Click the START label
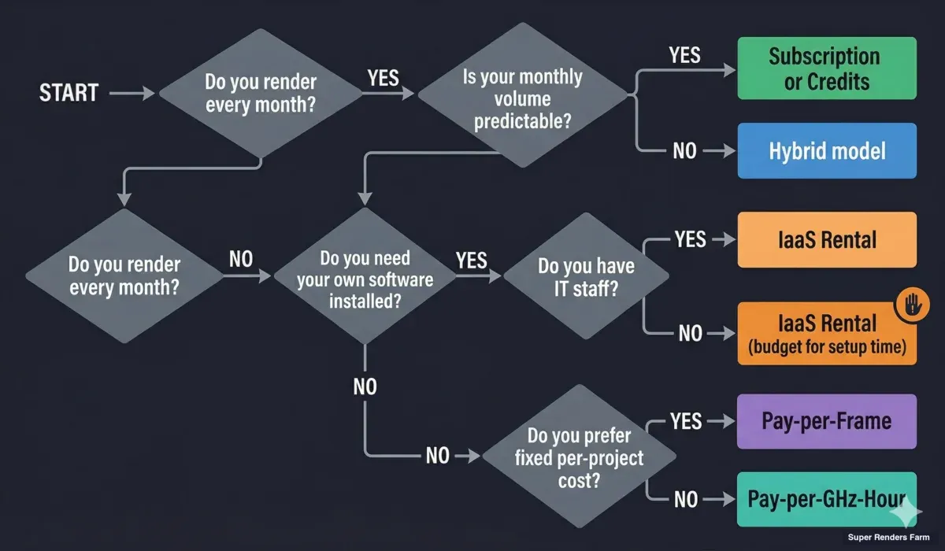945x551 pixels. tap(69, 93)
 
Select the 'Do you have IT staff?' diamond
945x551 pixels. tap(586, 277)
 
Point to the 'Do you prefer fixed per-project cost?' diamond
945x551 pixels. tap(579, 457)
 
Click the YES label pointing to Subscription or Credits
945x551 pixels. tap(685, 55)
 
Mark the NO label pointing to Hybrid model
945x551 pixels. tap(685, 150)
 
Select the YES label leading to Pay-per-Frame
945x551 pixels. tap(686, 422)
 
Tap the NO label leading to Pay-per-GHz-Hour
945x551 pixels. tap(686, 498)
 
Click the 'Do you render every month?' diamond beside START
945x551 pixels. tap(260, 94)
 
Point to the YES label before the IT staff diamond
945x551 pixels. tap(471, 260)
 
